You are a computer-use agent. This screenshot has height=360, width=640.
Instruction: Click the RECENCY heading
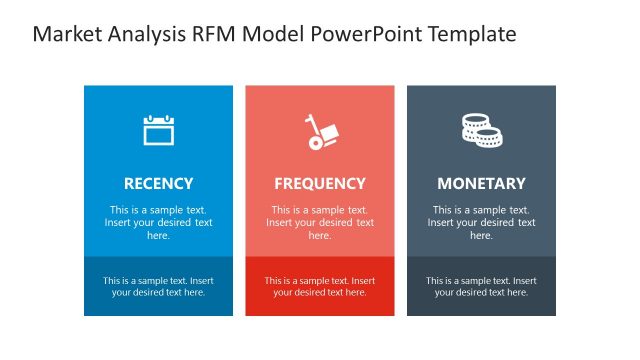(158, 184)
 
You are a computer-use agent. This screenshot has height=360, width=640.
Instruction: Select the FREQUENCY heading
(320, 184)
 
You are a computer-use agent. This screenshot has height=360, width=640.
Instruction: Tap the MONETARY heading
(481, 184)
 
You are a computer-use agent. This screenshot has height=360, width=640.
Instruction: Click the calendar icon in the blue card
(158, 131)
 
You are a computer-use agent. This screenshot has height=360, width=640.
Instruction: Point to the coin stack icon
(481, 131)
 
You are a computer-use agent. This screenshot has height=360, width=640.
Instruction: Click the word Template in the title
(472, 34)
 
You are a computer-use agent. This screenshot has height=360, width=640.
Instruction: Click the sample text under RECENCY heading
(158, 223)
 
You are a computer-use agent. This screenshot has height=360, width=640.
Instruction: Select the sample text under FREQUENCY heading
(320, 223)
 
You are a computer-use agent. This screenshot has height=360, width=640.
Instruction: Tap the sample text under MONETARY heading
(481, 223)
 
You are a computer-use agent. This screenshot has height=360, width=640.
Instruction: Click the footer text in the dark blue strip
(158, 287)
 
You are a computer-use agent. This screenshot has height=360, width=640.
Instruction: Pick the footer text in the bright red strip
(320, 287)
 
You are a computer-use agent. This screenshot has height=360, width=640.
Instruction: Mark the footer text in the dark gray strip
(481, 287)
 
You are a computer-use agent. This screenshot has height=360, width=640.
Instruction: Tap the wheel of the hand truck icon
(315, 144)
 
